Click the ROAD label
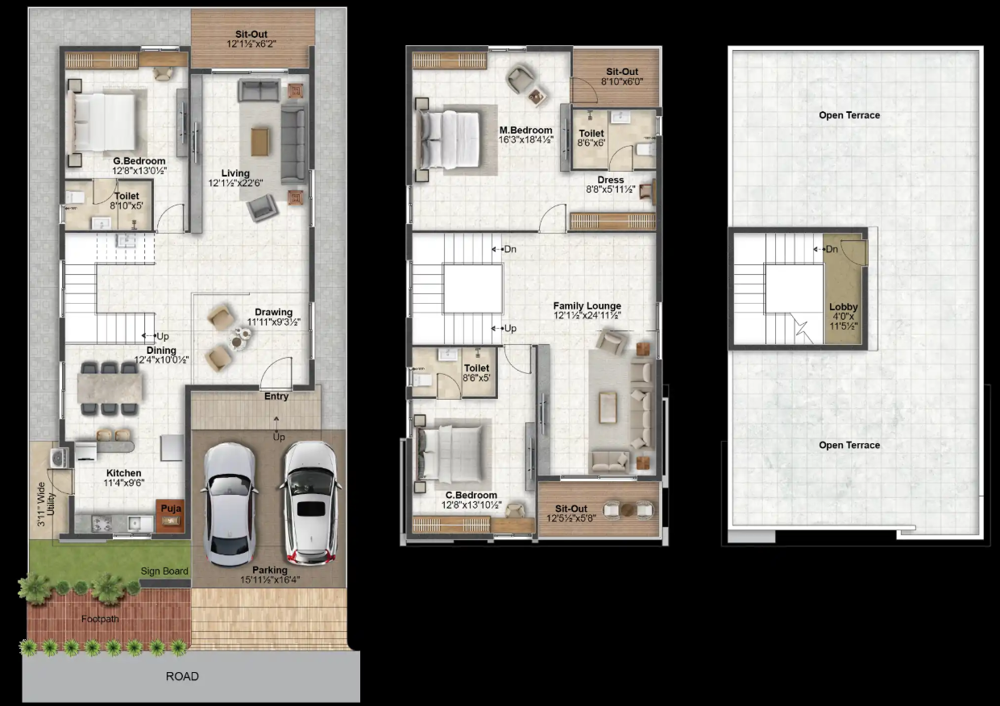[x=182, y=676]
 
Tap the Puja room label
[x=171, y=509]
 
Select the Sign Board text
[x=164, y=571]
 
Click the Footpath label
[x=100, y=619]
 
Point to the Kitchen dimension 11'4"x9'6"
[x=123, y=483]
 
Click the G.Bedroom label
[x=139, y=160]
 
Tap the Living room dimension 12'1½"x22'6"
[x=235, y=183]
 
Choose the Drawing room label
[x=274, y=312]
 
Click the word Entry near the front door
[x=276, y=397]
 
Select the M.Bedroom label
[x=526, y=130]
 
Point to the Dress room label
[x=611, y=180]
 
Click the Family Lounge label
[x=587, y=306]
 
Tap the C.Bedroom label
[x=471, y=495]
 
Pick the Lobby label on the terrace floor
[x=844, y=307]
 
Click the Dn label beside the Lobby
[x=832, y=249]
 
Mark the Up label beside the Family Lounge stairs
[x=510, y=328]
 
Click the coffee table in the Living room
[x=259, y=142]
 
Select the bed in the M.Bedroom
[x=450, y=139]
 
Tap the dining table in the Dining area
[x=110, y=388]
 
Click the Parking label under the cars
[x=270, y=571]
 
